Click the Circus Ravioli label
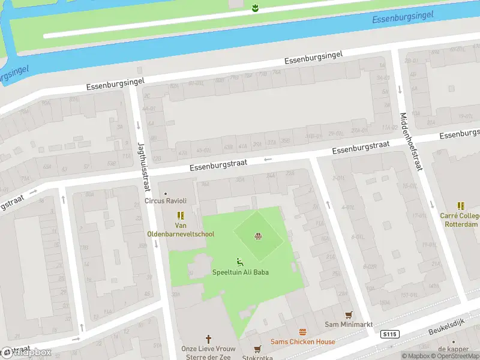[x=166, y=200]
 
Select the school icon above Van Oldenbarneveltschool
[x=181, y=215]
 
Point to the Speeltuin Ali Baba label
[x=240, y=272]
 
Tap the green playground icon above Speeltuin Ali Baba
[x=240, y=262]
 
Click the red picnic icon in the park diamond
[x=259, y=236]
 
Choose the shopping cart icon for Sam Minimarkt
[x=348, y=314]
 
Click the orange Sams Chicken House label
[x=302, y=342]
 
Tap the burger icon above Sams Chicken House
[x=302, y=332]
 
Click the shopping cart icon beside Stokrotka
[x=257, y=349]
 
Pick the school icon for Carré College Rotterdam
[x=461, y=206]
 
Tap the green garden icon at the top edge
[x=255, y=7]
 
